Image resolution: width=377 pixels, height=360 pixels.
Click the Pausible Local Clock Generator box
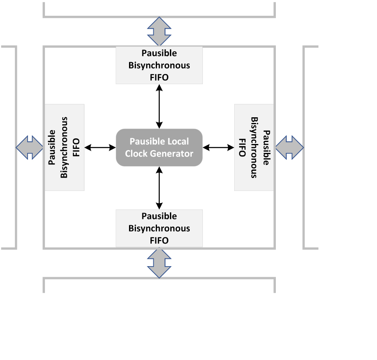coord(159,148)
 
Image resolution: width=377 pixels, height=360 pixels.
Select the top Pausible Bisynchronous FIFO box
coord(159,65)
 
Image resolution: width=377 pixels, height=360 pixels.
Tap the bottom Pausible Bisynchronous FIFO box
coord(159,228)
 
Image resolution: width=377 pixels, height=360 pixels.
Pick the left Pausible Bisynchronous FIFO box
coord(64,147)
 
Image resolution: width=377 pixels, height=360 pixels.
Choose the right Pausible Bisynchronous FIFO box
coord(254,147)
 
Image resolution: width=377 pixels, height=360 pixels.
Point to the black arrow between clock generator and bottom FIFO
coord(159,188)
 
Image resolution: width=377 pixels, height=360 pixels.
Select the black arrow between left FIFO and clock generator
coord(100,148)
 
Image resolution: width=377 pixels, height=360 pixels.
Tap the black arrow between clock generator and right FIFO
coord(218,148)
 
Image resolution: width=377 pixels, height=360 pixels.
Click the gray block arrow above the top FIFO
coord(159,31)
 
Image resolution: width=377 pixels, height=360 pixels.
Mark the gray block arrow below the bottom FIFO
coord(159,263)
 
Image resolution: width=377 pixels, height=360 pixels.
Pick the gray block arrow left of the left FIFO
coord(30,148)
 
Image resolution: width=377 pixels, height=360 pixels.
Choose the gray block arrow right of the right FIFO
coord(289,148)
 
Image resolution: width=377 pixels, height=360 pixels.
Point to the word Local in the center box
coord(178,142)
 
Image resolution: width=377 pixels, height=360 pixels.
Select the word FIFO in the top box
coord(159,77)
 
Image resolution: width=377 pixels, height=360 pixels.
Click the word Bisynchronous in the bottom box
coord(159,228)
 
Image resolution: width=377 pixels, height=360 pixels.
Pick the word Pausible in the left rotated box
coord(52,147)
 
